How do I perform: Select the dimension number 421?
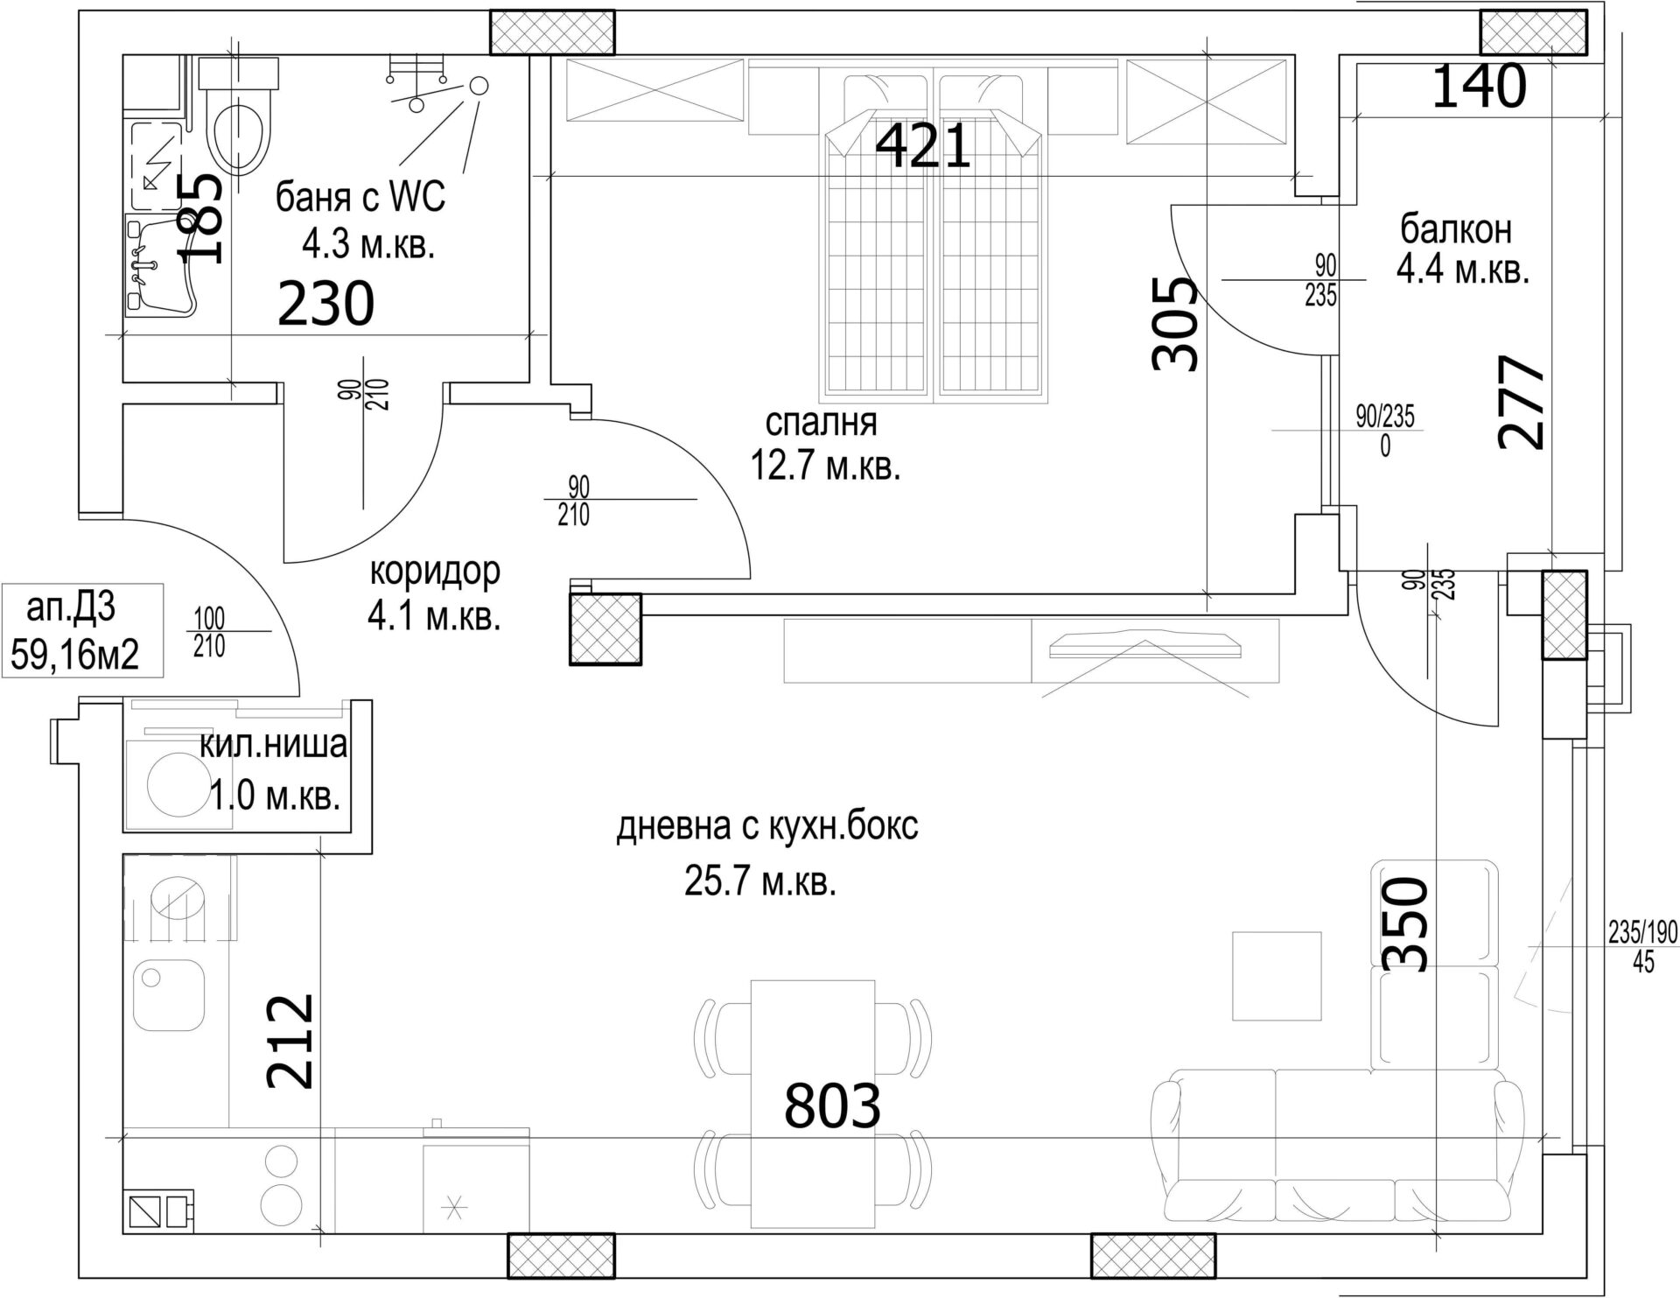(x=923, y=146)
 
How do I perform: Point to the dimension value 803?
(x=831, y=1105)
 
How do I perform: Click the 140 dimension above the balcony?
(x=1480, y=87)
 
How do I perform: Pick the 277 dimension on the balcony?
(x=1522, y=402)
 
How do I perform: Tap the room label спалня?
(x=821, y=424)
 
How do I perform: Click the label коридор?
(x=435, y=572)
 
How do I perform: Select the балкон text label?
(x=1456, y=229)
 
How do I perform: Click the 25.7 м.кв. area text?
(x=760, y=883)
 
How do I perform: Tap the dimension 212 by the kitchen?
(x=290, y=1041)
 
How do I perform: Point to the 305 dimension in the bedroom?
(x=1172, y=324)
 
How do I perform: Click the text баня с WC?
(x=360, y=198)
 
